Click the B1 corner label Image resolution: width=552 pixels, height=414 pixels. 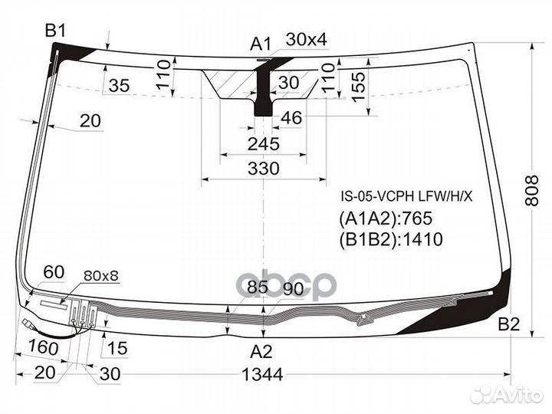pyautogui.click(x=55, y=31)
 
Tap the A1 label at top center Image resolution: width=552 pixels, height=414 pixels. pyautogui.click(x=261, y=44)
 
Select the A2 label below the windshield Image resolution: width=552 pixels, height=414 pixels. pyautogui.click(x=261, y=351)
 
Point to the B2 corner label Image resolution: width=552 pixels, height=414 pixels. pyautogui.click(x=509, y=324)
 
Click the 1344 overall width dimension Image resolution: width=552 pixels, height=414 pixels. pyautogui.click(x=263, y=375)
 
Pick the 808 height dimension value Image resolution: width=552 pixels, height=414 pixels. pyautogui.click(x=532, y=190)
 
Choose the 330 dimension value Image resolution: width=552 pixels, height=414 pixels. pyautogui.click(x=263, y=169)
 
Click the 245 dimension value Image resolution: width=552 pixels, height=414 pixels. pyautogui.click(x=263, y=144)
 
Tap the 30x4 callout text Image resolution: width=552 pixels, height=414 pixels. pyautogui.click(x=306, y=39)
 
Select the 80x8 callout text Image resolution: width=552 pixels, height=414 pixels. pyautogui.click(x=101, y=276)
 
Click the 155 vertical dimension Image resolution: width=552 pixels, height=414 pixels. pyautogui.click(x=359, y=87)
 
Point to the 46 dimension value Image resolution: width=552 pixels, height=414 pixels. pyautogui.click(x=291, y=117)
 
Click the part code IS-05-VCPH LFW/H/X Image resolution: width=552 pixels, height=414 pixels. pyautogui.click(x=406, y=196)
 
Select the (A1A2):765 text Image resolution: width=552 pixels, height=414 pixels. pyautogui.click(x=386, y=219)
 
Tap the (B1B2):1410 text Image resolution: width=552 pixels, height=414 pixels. pyautogui.click(x=391, y=239)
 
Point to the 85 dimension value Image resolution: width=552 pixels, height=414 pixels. pyautogui.click(x=258, y=287)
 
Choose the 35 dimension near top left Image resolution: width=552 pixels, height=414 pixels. pyautogui.click(x=120, y=85)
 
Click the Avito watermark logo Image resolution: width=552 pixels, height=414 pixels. pyautogui.click(x=507, y=394)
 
